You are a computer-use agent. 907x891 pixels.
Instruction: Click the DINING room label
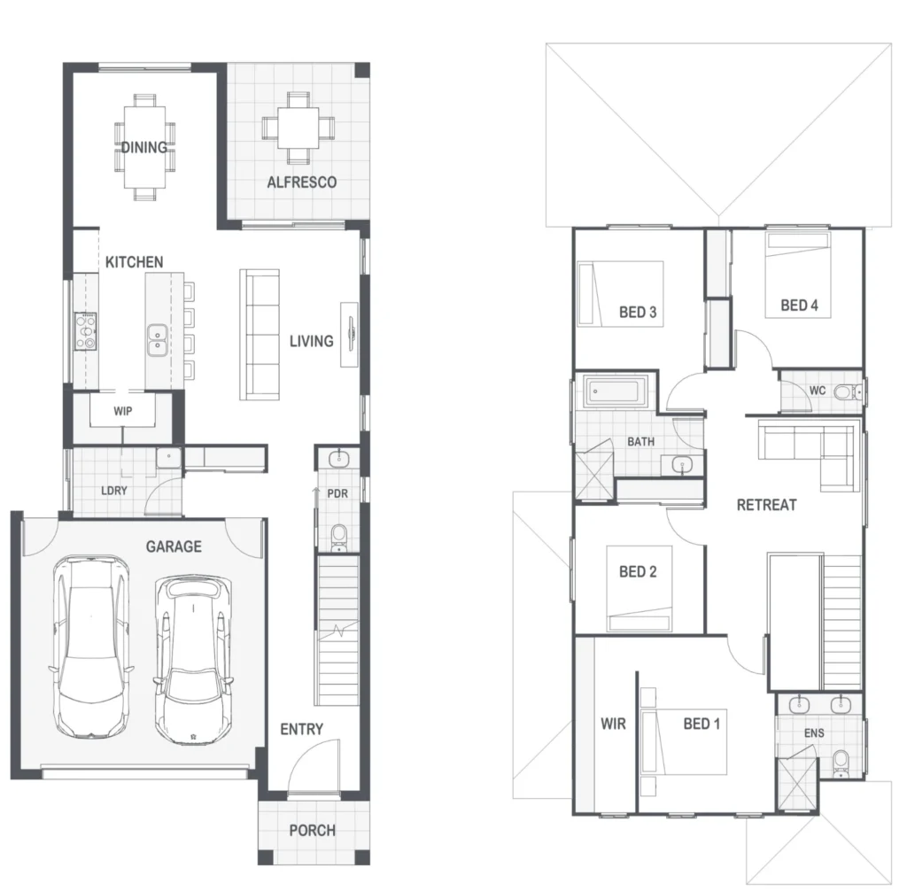[x=144, y=148]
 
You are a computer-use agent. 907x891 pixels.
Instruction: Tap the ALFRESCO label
[x=301, y=182]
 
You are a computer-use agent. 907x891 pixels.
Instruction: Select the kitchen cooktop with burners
[x=86, y=331]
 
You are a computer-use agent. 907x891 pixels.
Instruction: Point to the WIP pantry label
[x=122, y=411]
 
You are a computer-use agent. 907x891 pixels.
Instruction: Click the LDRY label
[x=114, y=491]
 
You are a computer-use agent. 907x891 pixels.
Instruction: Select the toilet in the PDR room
[x=338, y=538]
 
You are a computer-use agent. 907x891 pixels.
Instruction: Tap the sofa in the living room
[x=260, y=335]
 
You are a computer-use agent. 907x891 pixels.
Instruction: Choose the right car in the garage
[x=194, y=660]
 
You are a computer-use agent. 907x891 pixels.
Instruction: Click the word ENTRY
[x=301, y=729]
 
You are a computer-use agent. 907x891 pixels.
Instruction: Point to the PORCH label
[x=313, y=830]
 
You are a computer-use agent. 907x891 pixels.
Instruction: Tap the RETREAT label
[x=766, y=505]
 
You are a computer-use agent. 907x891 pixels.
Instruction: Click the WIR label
[x=613, y=724]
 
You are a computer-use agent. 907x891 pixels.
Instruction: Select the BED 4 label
[x=800, y=306]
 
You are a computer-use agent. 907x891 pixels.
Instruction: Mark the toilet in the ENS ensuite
[x=841, y=763]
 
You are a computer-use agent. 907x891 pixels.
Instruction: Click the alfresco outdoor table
[x=298, y=128]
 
